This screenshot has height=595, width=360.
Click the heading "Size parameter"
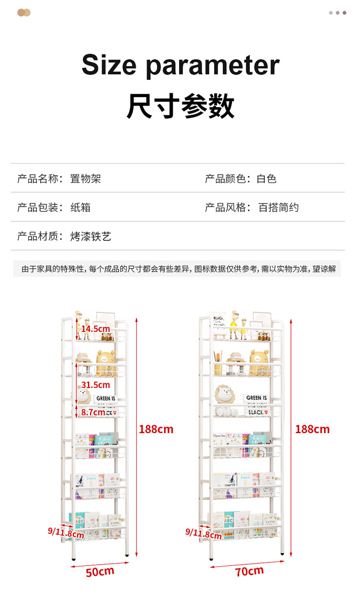(180, 65)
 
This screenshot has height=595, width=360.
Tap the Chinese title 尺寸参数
(180, 107)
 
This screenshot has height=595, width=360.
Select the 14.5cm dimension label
(96, 329)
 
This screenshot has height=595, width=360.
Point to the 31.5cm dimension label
(96, 385)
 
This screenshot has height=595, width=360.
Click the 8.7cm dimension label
(93, 412)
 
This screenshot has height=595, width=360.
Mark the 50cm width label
(100, 571)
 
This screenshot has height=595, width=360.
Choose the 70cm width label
(250, 571)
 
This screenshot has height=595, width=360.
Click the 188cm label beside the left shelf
(156, 429)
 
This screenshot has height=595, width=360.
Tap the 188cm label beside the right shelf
(312, 429)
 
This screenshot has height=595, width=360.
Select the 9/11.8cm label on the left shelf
(66, 532)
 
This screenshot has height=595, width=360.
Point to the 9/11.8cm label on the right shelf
(204, 532)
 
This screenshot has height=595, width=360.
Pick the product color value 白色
(267, 179)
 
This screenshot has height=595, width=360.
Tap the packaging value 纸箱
(80, 207)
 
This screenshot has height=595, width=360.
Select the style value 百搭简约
(278, 207)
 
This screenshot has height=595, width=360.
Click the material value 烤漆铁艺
(91, 236)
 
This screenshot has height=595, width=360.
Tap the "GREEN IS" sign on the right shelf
(256, 398)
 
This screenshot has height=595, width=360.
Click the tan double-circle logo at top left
(24, 12)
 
